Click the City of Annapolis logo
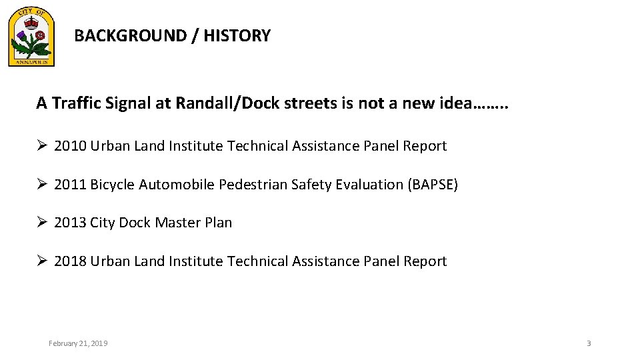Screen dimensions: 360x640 click(x=31, y=39)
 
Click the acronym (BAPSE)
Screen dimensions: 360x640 click(x=433, y=185)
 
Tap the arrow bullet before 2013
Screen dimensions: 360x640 click(x=42, y=223)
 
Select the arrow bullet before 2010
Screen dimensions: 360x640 click(x=42, y=146)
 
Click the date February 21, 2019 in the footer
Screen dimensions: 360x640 click(x=78, y=343)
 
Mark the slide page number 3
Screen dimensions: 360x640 click(x=589, y=343)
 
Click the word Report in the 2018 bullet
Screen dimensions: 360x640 click(x=425, y=261)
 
